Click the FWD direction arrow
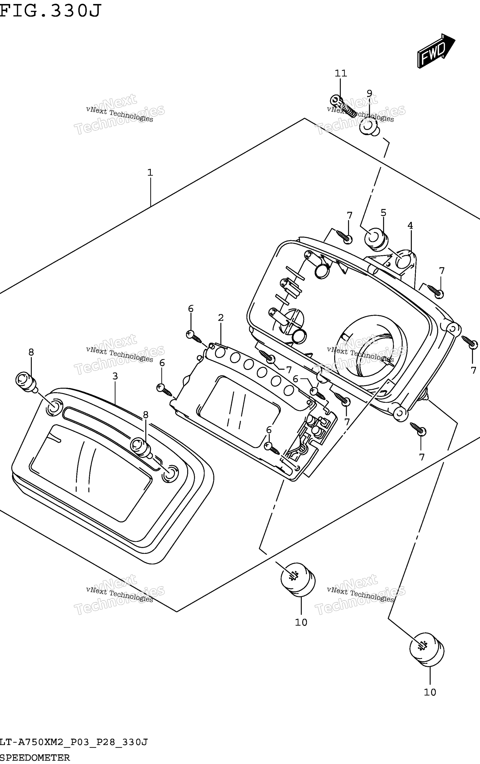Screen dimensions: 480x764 (436, 50)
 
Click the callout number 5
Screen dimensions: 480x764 (383, 213)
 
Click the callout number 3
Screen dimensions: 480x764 (115, 376)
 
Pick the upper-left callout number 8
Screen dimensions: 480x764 (31, 352)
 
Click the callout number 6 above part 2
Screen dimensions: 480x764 (191, 308)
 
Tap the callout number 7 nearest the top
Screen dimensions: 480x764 (350, 215)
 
